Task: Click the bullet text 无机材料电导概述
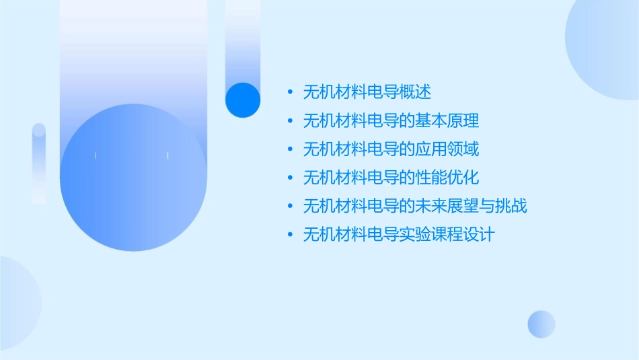(367, 92)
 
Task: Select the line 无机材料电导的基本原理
(391, 120)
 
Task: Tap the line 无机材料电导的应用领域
(391, 149)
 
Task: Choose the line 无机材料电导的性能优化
(391, 177)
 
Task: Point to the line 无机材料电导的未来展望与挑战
(415, 206)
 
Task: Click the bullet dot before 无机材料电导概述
(290, 92)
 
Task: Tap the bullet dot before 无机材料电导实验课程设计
(290, 234)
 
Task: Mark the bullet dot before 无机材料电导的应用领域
(290, 149)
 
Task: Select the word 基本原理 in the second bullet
(447, 120)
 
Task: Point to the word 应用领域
(447, 149)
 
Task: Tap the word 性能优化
(447, 177)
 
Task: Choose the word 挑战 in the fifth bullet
(511, 206)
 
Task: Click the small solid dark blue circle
(243, 100)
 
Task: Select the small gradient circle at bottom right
(541, 324)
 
